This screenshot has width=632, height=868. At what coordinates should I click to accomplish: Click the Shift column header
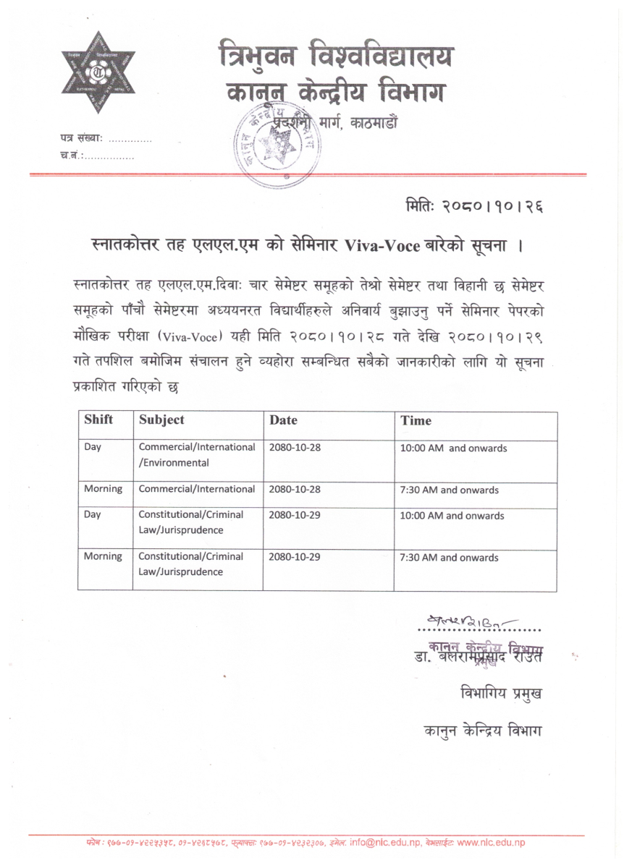point(98,420)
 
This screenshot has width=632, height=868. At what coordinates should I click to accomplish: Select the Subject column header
point(161,420)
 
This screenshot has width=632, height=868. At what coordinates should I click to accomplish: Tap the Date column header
point(283,420)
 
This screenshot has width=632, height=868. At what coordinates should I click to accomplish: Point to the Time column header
point(416,420)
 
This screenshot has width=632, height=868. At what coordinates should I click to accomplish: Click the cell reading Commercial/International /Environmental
point(197,455)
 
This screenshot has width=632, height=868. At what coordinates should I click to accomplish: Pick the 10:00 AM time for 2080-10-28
point(454,448)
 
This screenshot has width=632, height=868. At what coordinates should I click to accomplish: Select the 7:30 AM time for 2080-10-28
point(450,490)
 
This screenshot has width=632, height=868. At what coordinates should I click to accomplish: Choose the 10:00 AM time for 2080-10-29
point(452,516)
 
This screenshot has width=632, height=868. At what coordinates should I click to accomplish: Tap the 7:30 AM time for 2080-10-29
point(450,558)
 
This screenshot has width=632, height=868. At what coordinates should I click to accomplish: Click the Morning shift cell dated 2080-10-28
point(103,490)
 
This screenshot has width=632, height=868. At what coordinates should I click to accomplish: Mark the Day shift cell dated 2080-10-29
point(93,516)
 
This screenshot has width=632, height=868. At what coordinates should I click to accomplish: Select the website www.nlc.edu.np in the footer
point(491,843)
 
